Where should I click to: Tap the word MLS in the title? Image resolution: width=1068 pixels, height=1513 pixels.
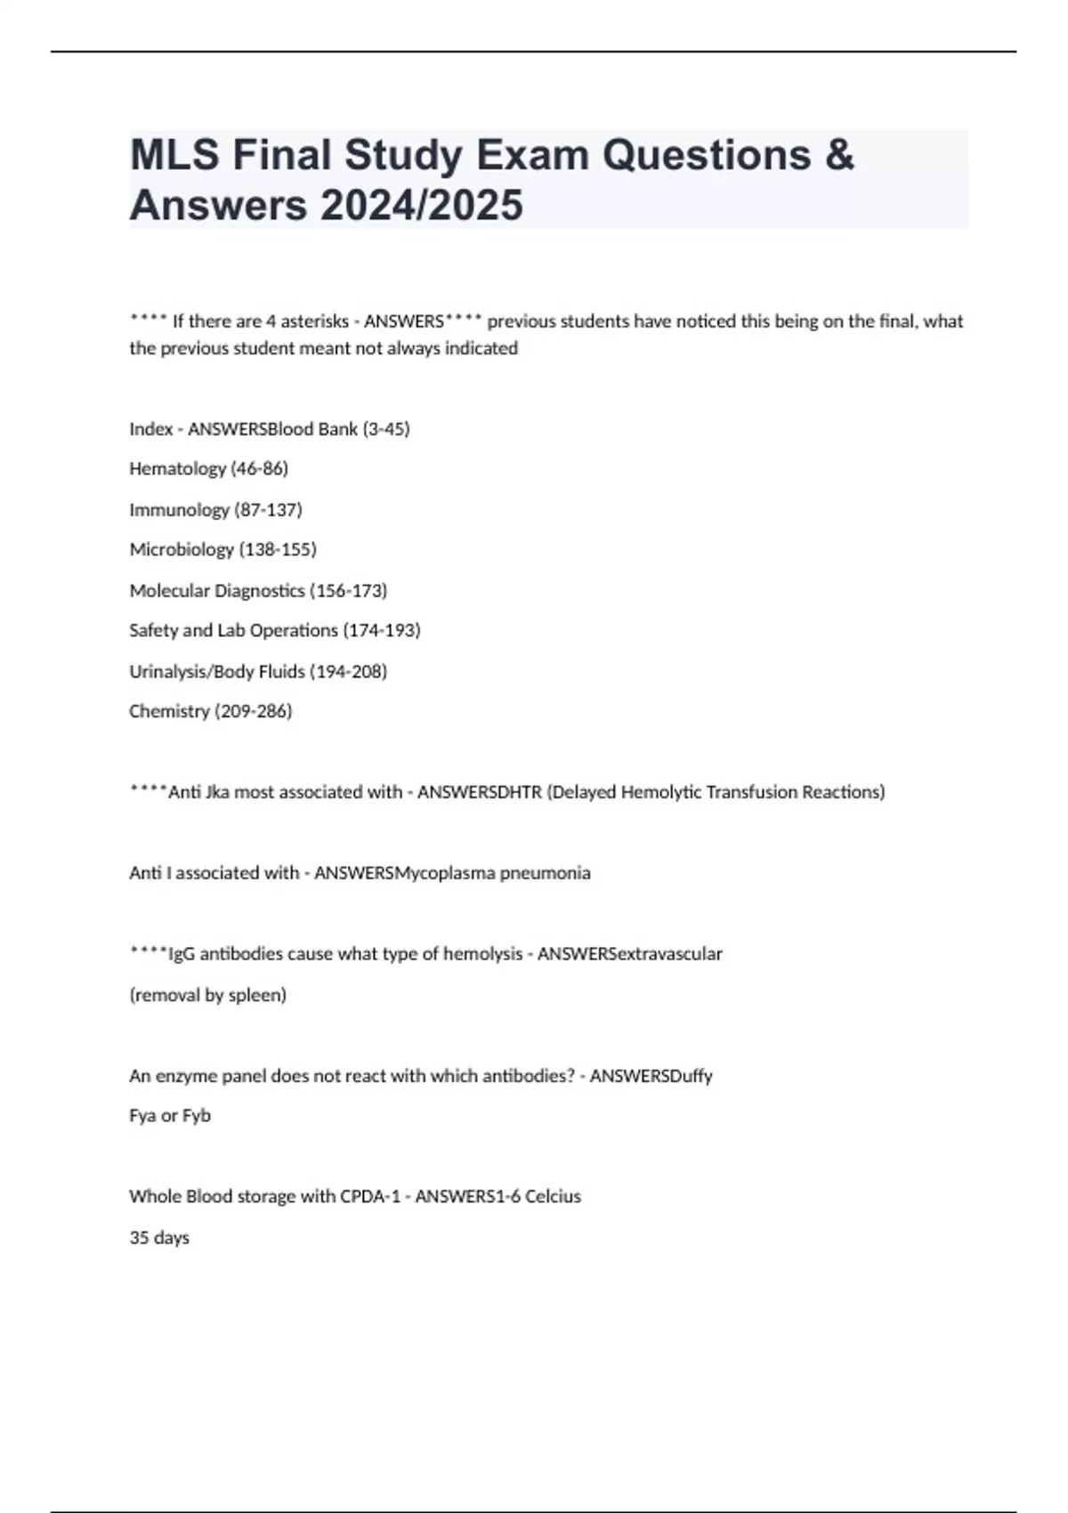click(174, 155)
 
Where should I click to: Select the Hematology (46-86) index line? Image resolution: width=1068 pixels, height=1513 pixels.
click(208, 468)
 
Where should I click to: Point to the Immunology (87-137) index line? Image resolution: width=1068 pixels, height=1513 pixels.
click(215, 509)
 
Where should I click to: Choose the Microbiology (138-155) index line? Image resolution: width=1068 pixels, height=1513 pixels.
click(222, 549)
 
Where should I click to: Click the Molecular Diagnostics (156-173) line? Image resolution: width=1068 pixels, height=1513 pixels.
click(258, 590)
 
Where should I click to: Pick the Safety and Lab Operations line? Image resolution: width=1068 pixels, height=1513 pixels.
click(274, 630)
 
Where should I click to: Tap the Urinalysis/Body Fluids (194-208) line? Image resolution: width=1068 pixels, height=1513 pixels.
click(258, 671)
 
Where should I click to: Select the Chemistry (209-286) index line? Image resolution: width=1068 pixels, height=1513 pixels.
click(210, 711)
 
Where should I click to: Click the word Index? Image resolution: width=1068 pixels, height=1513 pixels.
click(150, 429)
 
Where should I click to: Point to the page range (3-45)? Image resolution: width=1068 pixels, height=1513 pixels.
click(386, 429)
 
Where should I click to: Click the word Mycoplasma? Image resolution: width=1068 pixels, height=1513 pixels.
click(445, 873)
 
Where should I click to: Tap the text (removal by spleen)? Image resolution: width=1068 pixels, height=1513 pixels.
click(207, 995)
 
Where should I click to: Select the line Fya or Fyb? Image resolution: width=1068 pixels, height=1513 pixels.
click(170, 1115)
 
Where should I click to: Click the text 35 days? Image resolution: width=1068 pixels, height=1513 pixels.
click(159, 1237)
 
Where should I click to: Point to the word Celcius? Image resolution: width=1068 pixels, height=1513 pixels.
click(553, 1196)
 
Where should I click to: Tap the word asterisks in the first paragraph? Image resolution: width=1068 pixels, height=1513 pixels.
click(314, 321)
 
